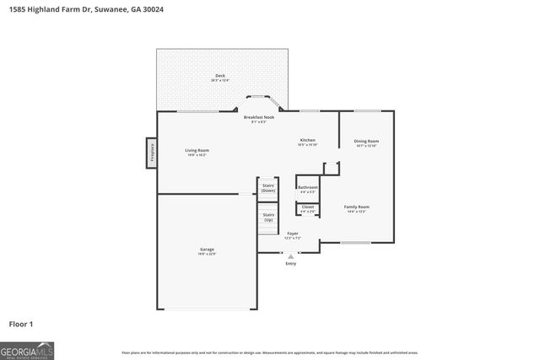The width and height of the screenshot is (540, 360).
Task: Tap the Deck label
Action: (220, 76)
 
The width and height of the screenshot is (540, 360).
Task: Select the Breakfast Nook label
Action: (259, 117)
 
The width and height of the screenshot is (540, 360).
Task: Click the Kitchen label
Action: (308, 140)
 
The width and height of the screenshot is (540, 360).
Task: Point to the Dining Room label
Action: (366, 141)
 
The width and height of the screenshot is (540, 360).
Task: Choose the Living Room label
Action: (197, 150)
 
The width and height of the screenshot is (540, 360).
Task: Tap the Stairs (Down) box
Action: (268, 188)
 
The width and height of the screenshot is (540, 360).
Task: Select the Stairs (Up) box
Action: (268, 217)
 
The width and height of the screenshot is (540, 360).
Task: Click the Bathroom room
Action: (308, 188)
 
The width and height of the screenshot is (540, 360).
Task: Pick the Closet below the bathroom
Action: (308, 208)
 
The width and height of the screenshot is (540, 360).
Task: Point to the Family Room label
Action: (356, 207)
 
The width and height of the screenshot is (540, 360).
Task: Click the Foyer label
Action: (293, 233)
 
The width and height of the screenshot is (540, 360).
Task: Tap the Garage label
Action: (207, 250)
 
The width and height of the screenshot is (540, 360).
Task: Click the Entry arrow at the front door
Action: (291, 256)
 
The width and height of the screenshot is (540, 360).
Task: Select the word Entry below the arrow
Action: (291, 264)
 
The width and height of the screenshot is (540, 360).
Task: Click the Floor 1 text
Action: (21, 324)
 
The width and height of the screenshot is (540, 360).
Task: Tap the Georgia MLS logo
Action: (27, 349)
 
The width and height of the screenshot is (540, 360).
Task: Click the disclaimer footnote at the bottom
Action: (269, 352)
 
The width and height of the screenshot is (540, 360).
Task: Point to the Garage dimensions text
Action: (207, 255)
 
